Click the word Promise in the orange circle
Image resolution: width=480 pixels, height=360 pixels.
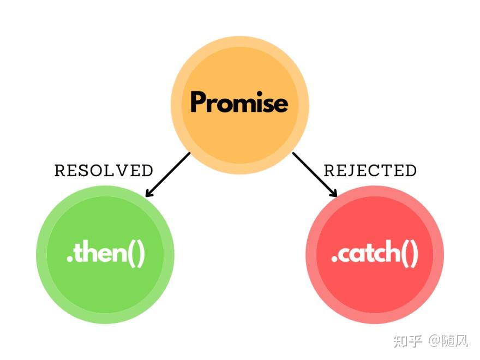click(x=239, y=103)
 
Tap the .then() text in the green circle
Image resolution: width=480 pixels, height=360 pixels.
click(x=106, y=255)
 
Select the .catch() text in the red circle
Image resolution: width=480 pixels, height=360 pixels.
click(x=374, y=255)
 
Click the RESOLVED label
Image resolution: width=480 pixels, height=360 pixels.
click(x=104, y=171)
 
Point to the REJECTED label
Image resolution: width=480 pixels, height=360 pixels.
click(x=370, y=171)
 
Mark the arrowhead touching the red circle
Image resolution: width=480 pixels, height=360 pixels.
click(x=333, y=193)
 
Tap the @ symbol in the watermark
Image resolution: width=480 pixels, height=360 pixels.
click(x=434, y=342)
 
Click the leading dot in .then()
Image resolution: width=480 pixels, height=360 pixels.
click(x=69, y=261)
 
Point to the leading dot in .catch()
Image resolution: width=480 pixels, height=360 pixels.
click(x=334, y=261)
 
